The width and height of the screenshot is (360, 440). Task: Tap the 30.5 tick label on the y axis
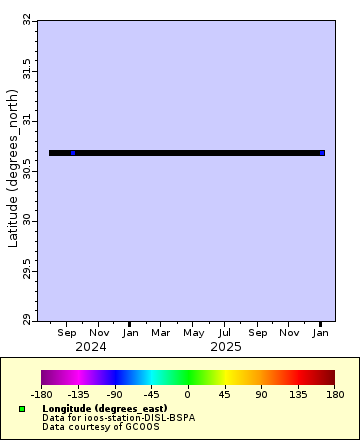[x=26, y=170]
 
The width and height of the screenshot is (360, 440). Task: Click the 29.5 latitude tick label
[x=26, y=270]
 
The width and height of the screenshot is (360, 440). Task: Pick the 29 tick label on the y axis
[x=26, y=320]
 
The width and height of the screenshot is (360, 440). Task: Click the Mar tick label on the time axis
[x=162, y=332]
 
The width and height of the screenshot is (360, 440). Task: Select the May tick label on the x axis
[x=193, y=332]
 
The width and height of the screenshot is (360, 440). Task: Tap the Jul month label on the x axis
[x=225, y=332]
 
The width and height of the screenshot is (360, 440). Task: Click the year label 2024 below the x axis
[x=91, y=346]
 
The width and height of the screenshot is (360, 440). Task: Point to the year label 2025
[x=225, y=346]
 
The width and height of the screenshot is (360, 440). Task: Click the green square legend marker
[x=22, y=409]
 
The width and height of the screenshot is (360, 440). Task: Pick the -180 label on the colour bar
[x=41, y=394]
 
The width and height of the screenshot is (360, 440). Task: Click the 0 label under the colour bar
[x=188, y=394]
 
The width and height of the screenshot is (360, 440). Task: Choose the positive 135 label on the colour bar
[x=298, y=394]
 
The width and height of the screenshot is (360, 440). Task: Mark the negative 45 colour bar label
[x=151, y=394]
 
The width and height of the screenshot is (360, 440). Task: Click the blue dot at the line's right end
[x=321, y=153]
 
